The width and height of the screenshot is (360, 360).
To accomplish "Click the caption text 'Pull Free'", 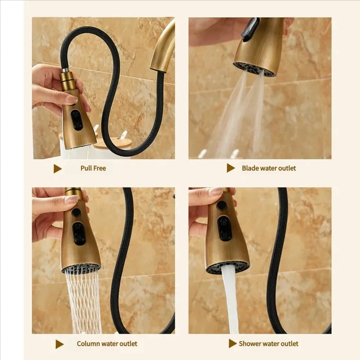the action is (93, 168).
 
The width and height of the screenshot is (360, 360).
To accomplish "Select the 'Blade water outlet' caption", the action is (269, 168).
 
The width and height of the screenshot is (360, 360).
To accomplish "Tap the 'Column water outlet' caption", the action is (107, 344).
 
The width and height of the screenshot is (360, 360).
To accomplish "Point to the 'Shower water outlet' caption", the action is (269, 344).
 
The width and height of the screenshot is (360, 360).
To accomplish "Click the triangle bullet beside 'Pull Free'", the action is (58, 169).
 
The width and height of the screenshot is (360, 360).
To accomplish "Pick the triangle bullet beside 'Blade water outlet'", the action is (230, 168).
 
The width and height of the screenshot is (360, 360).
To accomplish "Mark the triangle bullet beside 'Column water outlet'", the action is (59, 344).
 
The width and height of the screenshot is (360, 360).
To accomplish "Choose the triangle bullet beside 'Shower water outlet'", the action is (233, 343).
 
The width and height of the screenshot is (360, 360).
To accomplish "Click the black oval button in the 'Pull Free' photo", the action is (76, 120).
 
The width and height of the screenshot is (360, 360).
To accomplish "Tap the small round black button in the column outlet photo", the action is (76, 212).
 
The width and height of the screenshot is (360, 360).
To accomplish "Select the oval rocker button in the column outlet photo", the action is (79, 233).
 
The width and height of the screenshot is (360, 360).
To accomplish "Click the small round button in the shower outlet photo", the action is (221, 205).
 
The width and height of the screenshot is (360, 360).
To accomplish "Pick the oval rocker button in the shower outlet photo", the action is (225, 228).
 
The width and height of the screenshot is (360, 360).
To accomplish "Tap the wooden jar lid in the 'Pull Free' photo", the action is (110, 142).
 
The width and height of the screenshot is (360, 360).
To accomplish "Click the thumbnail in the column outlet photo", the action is (71, 200).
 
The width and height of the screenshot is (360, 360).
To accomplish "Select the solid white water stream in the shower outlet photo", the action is (230, 298).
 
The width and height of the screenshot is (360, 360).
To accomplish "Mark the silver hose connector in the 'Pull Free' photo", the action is (65, 70).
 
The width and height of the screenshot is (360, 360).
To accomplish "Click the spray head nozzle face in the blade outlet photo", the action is (254, 69).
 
